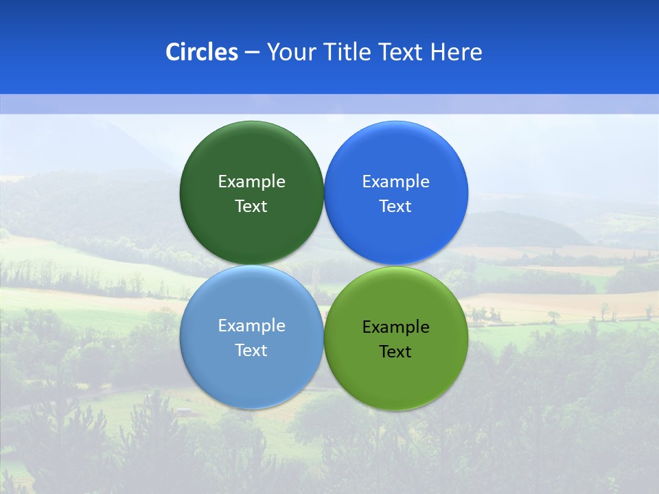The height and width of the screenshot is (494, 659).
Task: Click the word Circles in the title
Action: [x=202, y=52]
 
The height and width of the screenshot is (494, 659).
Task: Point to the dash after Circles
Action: [x=252, y=53]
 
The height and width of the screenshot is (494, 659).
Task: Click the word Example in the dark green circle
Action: [x=251, y=181]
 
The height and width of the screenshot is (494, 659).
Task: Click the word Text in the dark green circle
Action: [x=251, y=206]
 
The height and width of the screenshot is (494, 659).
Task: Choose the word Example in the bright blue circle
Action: [x=396, y=181]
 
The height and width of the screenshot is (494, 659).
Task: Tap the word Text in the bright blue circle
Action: [x=396, y=206]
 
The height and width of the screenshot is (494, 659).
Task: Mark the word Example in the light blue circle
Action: [x=251, y=325]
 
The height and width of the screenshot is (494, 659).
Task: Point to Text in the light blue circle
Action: [x=251, y=350]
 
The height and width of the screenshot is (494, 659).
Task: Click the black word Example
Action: [x=396, y=327]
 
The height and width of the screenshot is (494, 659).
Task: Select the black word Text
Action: [x=396, y=351]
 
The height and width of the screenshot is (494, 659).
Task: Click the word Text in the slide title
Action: [x=402, y=52]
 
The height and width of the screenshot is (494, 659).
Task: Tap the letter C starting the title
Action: [x=173, y=52]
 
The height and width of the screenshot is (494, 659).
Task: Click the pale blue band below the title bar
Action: [x=329, y=104]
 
